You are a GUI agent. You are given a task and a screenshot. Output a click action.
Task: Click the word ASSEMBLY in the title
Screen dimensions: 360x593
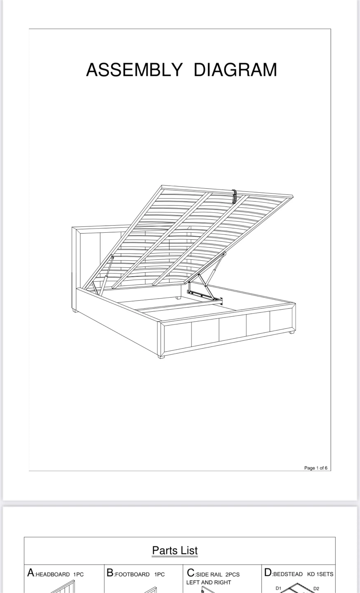pyautogui.click(x=134, y=70)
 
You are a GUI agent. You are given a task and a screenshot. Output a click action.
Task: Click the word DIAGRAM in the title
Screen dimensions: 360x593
pyautogui.click(x=235, y=70)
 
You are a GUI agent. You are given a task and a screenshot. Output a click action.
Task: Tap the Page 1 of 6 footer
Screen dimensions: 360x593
pyautogui.click(x=316, y=468)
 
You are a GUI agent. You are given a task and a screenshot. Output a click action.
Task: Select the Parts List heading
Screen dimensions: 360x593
pyautogui.click(x=175, y=551)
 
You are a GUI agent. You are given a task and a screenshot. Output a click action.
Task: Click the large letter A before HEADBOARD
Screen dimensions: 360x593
pyautogui.click(x=31, y=573)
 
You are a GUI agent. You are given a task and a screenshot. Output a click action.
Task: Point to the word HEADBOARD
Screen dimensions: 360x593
pyautogui.click(x=53, y=574)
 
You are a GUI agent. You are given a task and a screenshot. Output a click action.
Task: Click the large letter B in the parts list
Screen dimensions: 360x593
pyautogui.click(x=110, y=573)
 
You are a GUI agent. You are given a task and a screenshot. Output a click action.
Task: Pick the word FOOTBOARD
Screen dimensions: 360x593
pyautogui.click(x=132, y=574)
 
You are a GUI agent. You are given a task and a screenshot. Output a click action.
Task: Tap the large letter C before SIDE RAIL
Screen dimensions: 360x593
pyautogui.click(x=191, y=573)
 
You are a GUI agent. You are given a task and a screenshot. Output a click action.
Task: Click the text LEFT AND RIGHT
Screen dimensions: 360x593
pyautogui.click(x=208, y=582)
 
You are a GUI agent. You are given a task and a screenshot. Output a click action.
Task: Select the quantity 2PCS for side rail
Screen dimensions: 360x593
pyautogui.click(x=232, y=574)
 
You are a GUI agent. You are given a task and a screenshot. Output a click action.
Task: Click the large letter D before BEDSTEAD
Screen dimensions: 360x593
pyautogui.click(x=268, y=572)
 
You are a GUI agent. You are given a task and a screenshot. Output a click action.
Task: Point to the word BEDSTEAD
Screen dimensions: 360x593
pyautogui.click(x=288, y=574)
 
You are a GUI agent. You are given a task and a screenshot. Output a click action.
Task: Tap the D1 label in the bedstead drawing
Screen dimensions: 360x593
pyautogui.click(x=278, y=588)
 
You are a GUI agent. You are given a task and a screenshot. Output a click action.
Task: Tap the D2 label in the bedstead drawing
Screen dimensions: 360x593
pyautogui.click(x=316, y=588)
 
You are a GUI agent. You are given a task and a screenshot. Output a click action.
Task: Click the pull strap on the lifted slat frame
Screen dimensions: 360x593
pyautogui.click(x=234, y=196)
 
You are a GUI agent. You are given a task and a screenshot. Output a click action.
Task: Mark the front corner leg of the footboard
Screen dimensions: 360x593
pyautogui.click(x=161, y=357)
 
